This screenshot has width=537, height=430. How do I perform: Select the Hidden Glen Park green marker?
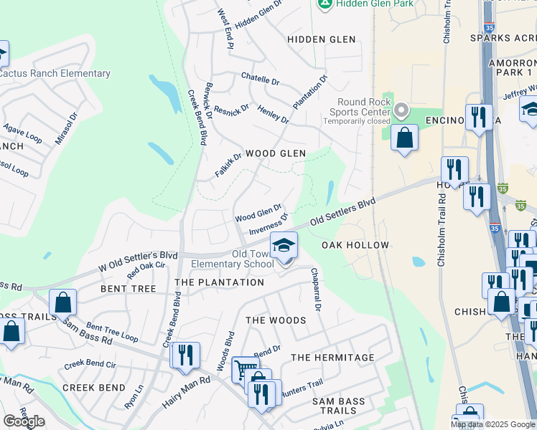[x=324, y=4]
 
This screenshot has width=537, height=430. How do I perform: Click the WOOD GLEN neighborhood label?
[x=276, y=153]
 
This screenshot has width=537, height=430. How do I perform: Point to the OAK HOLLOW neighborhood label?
[x=350, y=245]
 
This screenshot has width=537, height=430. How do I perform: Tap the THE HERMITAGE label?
[x=332, y=358]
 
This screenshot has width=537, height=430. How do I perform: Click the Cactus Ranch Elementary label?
[x=55, y=73]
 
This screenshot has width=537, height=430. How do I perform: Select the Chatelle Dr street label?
[x=260, y=80]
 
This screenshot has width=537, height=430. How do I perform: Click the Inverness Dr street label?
[x=268, y=224]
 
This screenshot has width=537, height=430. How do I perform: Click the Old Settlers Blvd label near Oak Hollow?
[x=343, y=214]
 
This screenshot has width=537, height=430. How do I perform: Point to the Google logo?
[x=24, y=421]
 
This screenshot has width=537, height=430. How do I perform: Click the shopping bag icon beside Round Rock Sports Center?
[x=405, y=138]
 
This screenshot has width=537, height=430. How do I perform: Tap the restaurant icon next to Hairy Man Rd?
[x=185, y=355]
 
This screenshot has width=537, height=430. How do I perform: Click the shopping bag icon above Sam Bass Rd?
[x=63, y=302]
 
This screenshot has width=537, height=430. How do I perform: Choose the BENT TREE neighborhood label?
[x=129, y=289]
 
